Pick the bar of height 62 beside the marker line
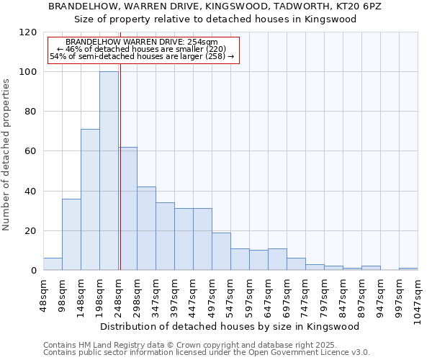click(128, 209)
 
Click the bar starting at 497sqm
click(221, 251)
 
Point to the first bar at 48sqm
click(53, 264)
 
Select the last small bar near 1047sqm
click(408, 269)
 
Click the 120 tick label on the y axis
click(29, 32)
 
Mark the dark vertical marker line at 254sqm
click(120, 180)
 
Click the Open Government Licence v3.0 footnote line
click(207, 353)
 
